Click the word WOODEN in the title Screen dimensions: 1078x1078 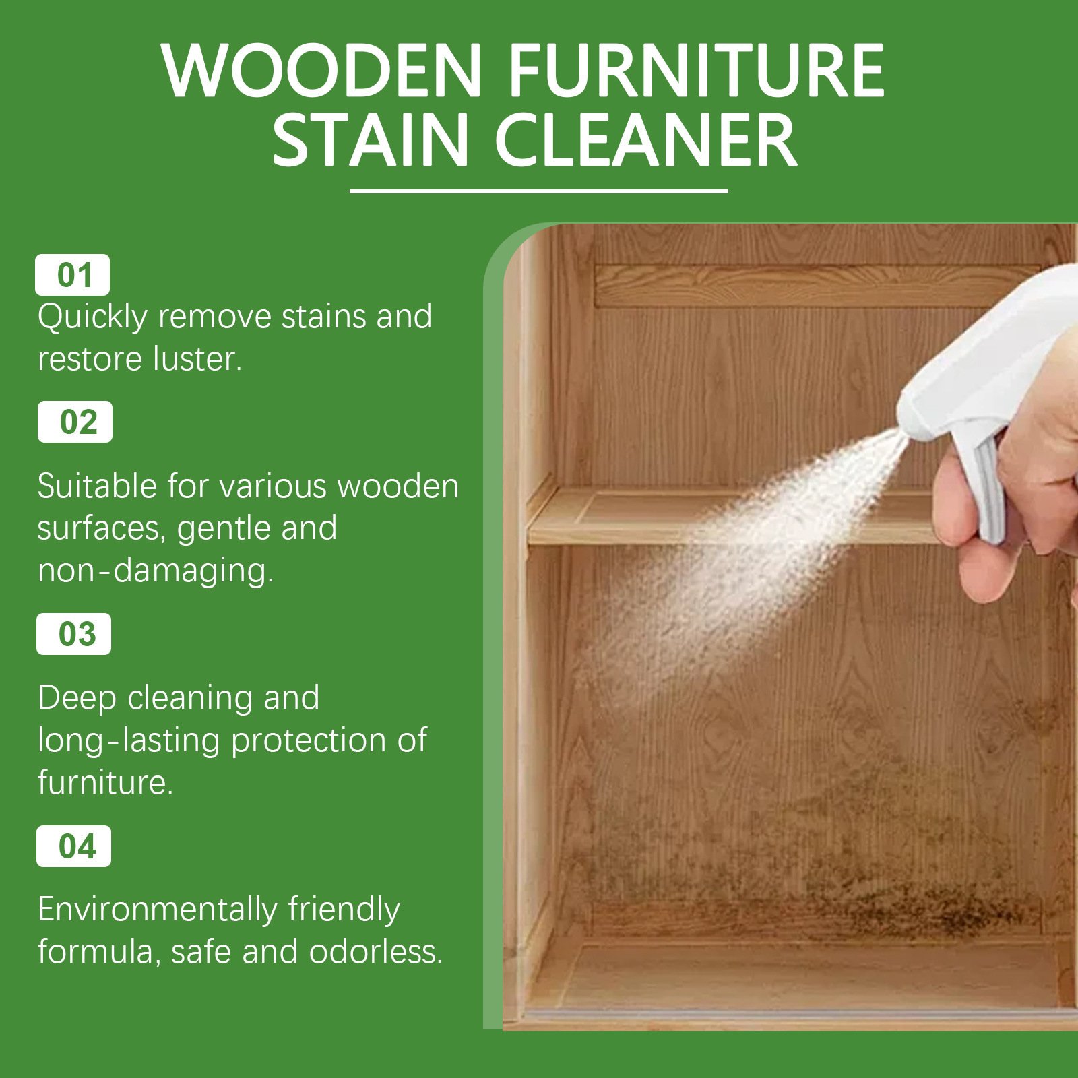pos(321,70)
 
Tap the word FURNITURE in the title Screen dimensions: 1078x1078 pos(696,70)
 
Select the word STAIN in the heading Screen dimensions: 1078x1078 pos(370,140)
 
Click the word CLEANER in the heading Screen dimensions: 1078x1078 pos(646,140)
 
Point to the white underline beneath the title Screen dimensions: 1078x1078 pos(539,191)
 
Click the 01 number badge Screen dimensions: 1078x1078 pos(72,275)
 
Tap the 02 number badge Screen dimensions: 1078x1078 pos(75,422)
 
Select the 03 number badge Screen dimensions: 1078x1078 pos(73,634)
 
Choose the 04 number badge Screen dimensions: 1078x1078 pos(73,846)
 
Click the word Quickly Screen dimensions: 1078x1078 pos(92,317)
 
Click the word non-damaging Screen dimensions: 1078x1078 pos(156,571)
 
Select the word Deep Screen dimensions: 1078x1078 pos(77,699)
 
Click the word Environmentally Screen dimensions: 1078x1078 pos(157,910)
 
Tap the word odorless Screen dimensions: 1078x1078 pos(375,951)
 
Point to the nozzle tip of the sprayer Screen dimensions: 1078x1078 pos(901,433)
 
